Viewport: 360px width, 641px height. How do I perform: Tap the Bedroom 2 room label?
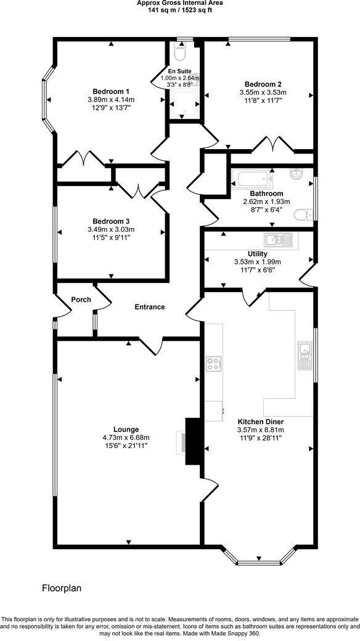pyautogui.click(x=263, y=84)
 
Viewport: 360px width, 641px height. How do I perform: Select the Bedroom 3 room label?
pyautogui.click(x=111, y=221)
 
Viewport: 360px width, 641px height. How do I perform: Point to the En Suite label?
pyautogui.click(x=180, y=71)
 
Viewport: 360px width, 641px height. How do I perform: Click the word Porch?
pyautogui.click(x=81, y=300)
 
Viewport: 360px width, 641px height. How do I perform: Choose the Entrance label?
pyautogui.click(x=150, y=306)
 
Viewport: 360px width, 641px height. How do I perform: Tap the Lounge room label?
pyautogui.click(x=126, y=430)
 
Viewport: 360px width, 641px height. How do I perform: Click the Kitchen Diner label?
pyautogui.click(x=260, y=422)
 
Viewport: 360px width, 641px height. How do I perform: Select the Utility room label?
pyautogui.click(x=257, y=253)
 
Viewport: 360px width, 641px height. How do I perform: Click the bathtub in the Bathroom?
pyautogui.click(x=252, y=181)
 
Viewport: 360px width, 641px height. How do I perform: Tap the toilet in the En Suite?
pyautogui.click(x=180, y=54)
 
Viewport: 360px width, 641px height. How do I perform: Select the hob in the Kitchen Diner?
pyautogui.click(x=215, y=364)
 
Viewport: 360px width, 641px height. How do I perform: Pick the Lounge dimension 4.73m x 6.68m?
pyautogui.click(x=126, y=438)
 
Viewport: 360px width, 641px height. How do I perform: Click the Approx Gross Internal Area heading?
pyautogui.click(x=180, y=3)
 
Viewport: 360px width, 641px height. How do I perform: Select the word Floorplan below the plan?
pyautogui.click(x=62, y=588)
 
